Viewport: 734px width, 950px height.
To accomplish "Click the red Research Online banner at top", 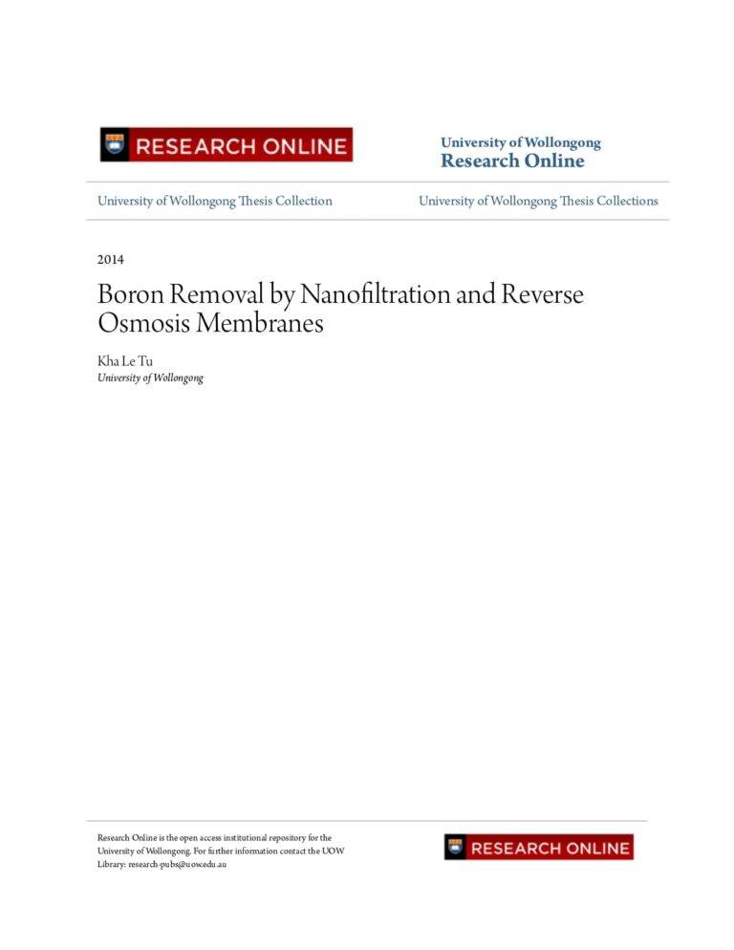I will pos(227,145).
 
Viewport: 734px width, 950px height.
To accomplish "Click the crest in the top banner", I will pos(116,145).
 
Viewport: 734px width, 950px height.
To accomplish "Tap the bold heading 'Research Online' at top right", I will pos(511,162).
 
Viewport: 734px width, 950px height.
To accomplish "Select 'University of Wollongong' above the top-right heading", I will pos(520,142).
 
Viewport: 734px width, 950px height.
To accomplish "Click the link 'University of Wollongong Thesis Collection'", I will pos(215,201).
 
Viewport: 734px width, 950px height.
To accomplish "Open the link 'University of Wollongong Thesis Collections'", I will pos(538,201).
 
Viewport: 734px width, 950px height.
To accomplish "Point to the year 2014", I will pos(111,259).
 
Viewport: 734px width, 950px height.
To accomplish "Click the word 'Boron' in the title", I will pos(130,294).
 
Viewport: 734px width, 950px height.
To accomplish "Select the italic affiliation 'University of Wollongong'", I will pos(150,378).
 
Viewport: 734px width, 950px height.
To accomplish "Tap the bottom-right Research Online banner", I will pos(538,848).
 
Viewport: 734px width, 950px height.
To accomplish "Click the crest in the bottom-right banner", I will pos(456,848).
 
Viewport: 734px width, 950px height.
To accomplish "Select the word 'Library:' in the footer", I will pos(112,864).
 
